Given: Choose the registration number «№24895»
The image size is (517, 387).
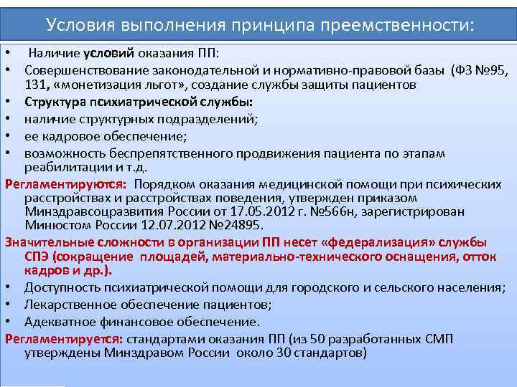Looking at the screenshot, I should (230, 226).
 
